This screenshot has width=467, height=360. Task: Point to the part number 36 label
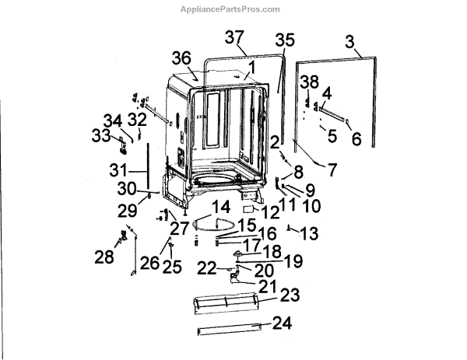[182, 58]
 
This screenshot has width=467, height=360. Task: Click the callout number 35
[285, 40]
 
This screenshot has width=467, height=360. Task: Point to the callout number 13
[309, 232]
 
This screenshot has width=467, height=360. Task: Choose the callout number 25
[170, 267]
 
